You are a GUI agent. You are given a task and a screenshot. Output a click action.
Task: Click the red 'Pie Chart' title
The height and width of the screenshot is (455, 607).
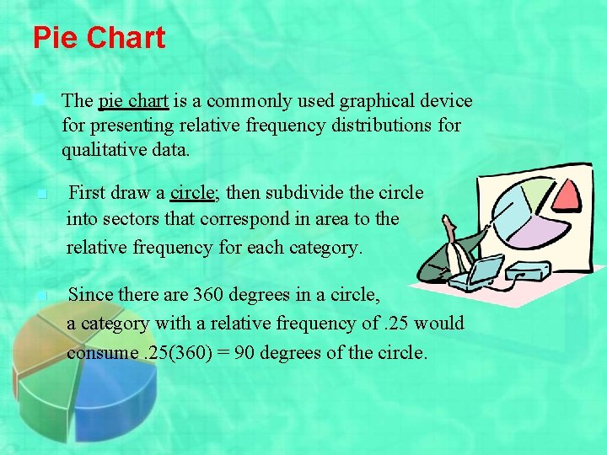(x=99, y=38)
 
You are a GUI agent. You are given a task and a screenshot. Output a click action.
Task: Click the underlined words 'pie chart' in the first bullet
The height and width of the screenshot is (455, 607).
(x=134, y=101)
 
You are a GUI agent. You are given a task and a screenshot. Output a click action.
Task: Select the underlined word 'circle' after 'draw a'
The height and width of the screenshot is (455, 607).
(x=193, y=192)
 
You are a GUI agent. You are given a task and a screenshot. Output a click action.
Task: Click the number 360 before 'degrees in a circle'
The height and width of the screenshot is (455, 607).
(x=208, y=295)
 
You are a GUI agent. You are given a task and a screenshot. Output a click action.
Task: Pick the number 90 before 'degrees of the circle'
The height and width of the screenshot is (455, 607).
(x=245, y=352)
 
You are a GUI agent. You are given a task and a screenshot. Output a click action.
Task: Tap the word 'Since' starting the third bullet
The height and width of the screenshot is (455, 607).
(x=88, y=295)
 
